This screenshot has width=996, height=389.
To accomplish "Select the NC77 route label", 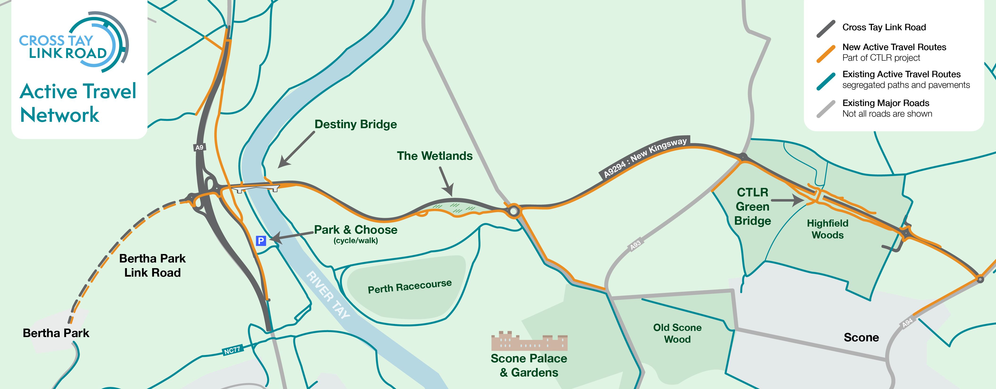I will click(232, 350).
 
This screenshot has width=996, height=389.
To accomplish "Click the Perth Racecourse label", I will click(409, 286).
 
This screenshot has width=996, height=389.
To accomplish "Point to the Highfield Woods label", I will click(827, 229).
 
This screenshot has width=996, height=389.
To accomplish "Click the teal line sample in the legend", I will click(826, 81).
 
